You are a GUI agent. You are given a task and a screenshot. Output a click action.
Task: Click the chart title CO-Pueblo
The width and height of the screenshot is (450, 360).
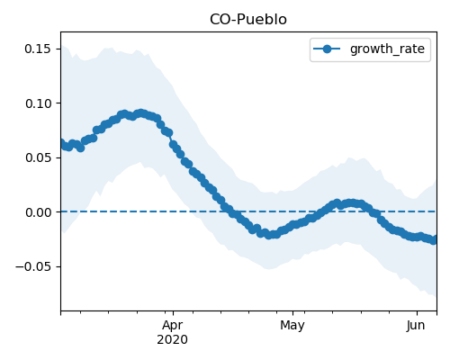[248, 20]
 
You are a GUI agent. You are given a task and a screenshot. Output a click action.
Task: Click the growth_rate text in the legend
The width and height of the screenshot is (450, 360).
[387, 49]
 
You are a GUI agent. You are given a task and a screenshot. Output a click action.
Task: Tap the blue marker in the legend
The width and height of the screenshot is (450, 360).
[327, 49]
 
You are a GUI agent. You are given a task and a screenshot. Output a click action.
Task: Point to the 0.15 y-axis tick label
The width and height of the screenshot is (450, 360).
[38, 49]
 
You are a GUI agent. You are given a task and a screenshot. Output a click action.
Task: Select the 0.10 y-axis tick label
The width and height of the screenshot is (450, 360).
[39, 103]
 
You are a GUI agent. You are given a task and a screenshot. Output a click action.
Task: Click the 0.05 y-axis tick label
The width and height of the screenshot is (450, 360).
[39, 157]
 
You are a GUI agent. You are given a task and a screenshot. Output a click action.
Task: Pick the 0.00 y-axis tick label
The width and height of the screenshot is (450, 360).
[39, 212]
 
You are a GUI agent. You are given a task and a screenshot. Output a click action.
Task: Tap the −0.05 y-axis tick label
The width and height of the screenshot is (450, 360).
[33, 266]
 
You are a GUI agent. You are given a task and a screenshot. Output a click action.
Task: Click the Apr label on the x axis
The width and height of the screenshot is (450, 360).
[173, 326]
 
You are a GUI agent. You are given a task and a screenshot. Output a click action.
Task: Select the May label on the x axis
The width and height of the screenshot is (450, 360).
[292, 326]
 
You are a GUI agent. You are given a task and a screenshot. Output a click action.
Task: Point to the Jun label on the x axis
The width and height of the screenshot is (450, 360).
[416, 326]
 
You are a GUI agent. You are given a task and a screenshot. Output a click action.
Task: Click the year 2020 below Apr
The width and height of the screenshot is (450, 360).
[173, 339]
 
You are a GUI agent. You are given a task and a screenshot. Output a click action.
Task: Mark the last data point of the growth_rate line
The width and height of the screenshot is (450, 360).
[434, 240]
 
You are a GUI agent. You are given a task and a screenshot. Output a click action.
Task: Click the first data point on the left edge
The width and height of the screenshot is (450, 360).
[62, 143]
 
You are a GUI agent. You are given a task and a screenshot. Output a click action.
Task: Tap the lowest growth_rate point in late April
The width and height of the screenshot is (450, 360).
[268, 236]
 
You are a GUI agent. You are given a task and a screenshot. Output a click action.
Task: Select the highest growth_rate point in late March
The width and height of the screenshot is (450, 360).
[140, 113]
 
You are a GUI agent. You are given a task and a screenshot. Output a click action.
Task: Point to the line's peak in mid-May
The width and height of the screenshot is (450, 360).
[351, 203]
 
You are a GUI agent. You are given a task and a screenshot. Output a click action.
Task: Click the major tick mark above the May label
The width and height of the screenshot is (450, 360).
[293, 313]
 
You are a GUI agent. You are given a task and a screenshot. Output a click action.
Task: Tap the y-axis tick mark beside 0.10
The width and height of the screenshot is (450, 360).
[58, 103]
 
